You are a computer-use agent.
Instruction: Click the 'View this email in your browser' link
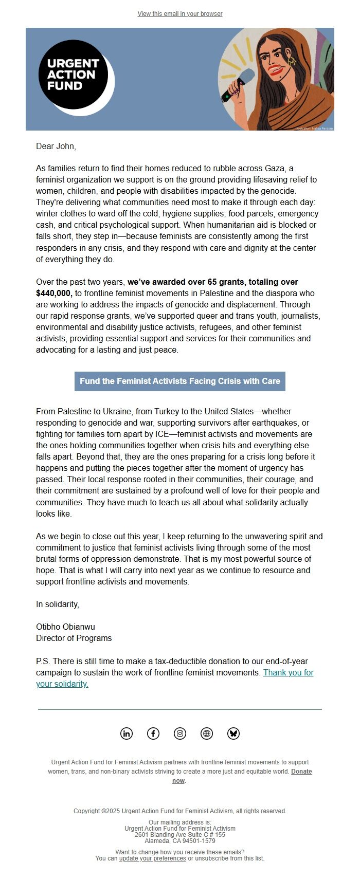coord(180,14)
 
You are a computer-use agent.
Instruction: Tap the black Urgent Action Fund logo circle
coord(73,75)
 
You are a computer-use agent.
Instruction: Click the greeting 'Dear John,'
coord(56,146)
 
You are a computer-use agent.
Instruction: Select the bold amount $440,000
coord(54,294)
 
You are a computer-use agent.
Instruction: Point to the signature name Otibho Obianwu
coord(65,627)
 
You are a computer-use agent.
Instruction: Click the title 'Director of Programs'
coord(74,638)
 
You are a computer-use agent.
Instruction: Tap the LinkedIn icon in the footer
coord(127,734)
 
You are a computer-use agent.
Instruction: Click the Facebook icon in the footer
coord(153,734)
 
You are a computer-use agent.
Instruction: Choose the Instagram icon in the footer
coord(180,734)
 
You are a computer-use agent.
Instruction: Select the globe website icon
coord(207,734)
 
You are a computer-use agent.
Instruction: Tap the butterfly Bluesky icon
coord(233,734)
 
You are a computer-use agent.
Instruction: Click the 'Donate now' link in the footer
coord(301,772)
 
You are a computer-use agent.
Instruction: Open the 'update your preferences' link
coord(152,858)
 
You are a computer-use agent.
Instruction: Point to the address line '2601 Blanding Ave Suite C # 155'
coord(180,835)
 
